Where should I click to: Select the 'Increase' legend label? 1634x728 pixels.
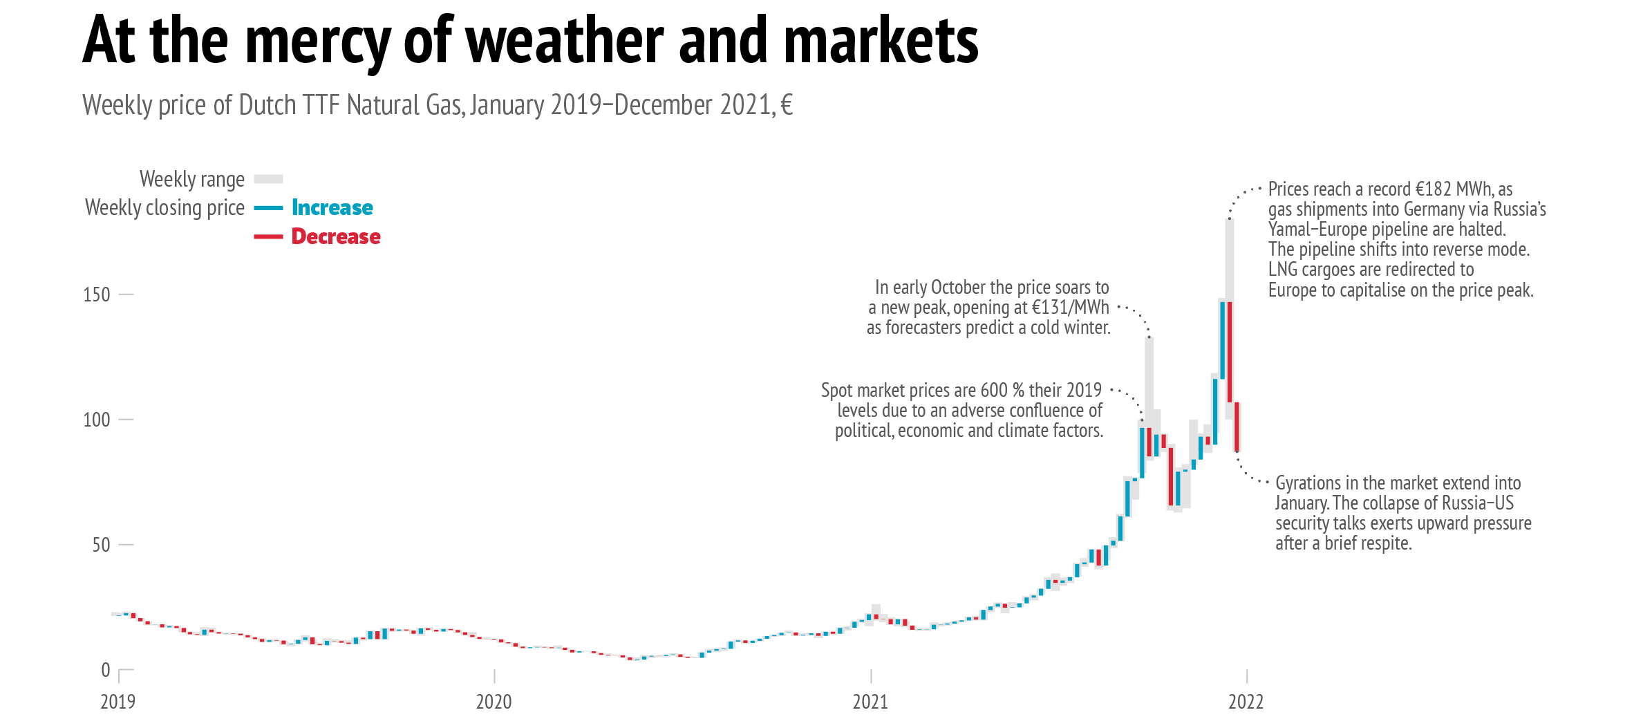point(332,207)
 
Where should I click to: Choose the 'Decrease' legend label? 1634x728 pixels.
point(336,236)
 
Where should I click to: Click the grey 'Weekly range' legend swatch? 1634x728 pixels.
point(268,179)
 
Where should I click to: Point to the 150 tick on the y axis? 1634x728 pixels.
point(97,295)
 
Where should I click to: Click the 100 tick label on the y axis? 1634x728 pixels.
point(97,420)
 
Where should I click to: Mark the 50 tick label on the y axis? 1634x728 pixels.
point(101,545)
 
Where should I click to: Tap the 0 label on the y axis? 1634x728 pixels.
point(105,669)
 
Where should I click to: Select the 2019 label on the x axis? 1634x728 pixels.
point(118,702)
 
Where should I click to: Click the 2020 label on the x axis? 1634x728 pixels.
point(494,702)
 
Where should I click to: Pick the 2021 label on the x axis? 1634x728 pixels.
point(870,702)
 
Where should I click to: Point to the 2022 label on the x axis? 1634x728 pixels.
point(1246,702)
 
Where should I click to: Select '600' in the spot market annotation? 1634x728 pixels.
point(994,391)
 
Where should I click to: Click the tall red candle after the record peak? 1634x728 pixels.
point(1230,352)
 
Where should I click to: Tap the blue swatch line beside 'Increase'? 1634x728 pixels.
point(268,208)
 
